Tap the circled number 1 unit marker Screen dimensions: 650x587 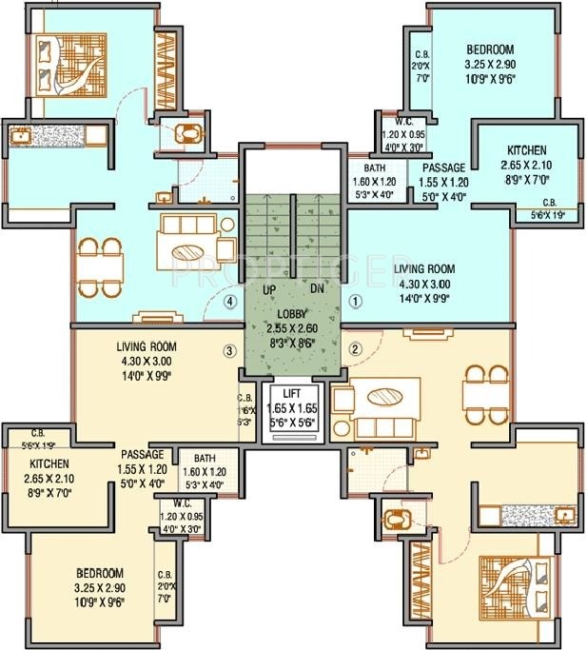356,302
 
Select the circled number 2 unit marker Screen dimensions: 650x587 356,349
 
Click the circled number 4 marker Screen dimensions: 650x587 228,303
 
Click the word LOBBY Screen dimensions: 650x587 292,313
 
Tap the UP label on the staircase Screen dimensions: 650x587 270,287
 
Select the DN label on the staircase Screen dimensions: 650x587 317,287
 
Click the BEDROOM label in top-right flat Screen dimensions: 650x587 489,49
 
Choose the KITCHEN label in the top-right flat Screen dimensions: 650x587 526,150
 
